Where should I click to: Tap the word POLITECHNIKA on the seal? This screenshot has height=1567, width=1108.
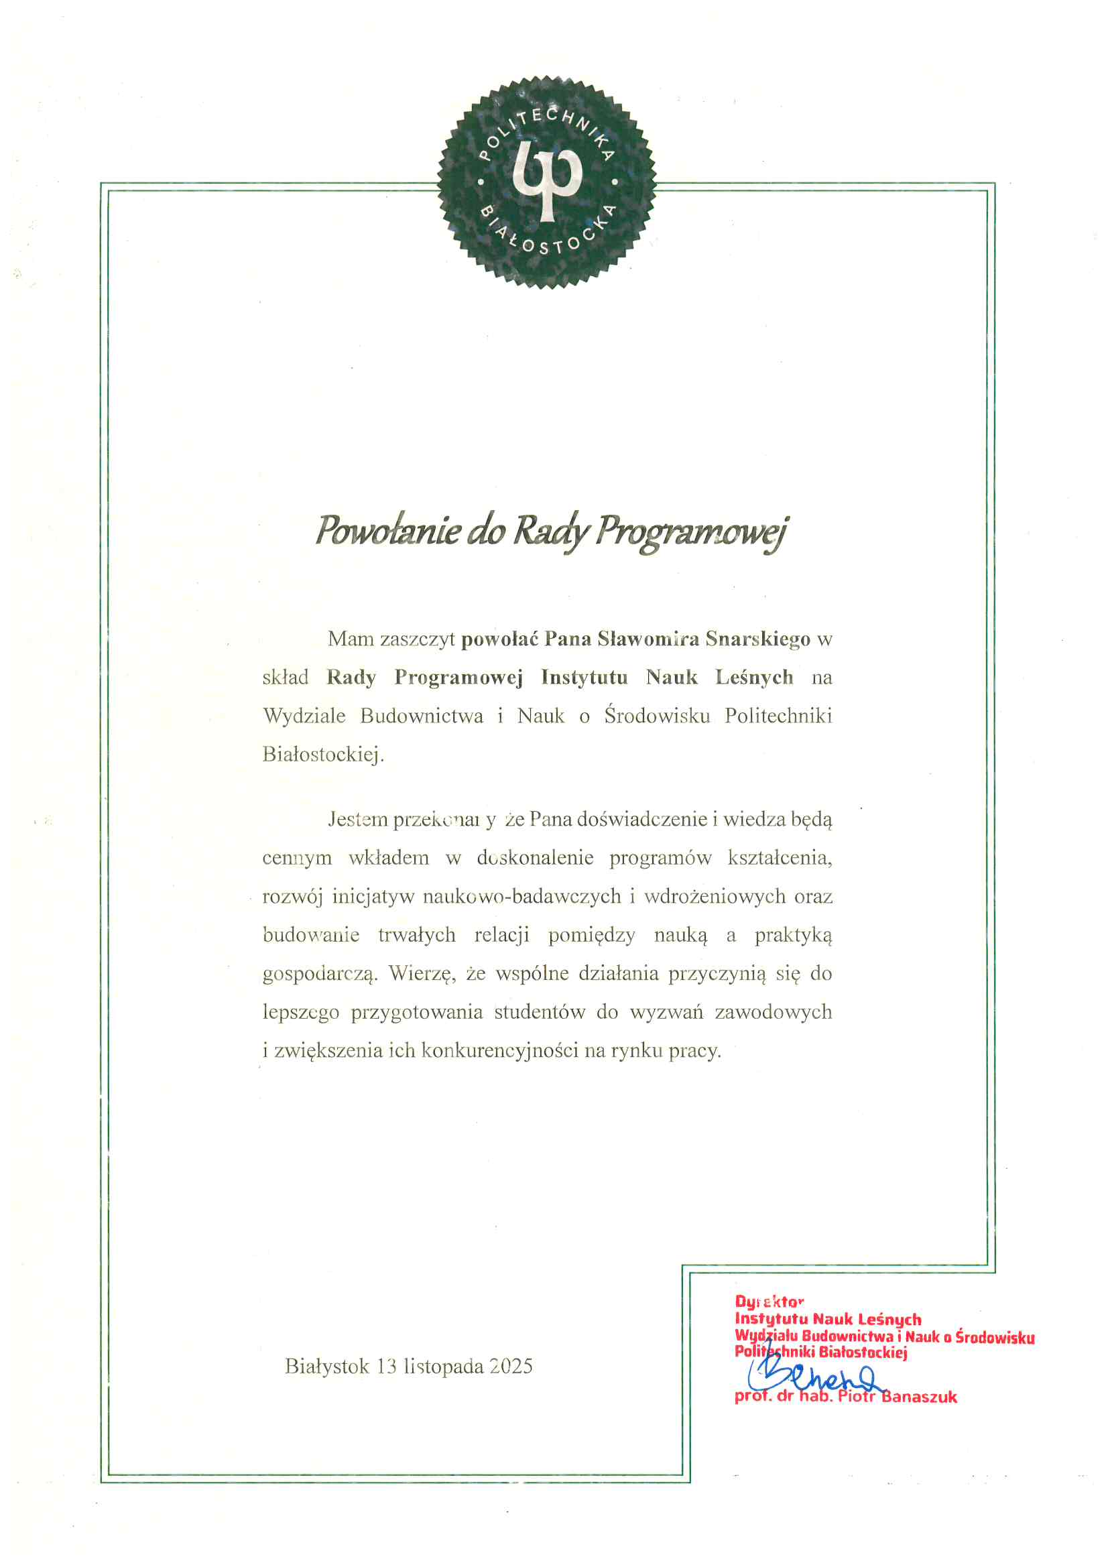(546, 126)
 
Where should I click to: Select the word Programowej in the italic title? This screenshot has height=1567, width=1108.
(691, 532)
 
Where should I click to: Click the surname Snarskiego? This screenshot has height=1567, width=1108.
(758, 639)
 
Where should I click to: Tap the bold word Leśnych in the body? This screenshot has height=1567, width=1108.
(754, 677)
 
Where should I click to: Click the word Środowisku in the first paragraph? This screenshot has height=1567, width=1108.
(657, 716)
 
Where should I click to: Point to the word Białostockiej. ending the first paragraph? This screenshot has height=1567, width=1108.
(323, 754)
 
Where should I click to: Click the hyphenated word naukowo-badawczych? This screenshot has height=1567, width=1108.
(521, 896)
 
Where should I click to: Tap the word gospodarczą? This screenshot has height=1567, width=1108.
(320, 974)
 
